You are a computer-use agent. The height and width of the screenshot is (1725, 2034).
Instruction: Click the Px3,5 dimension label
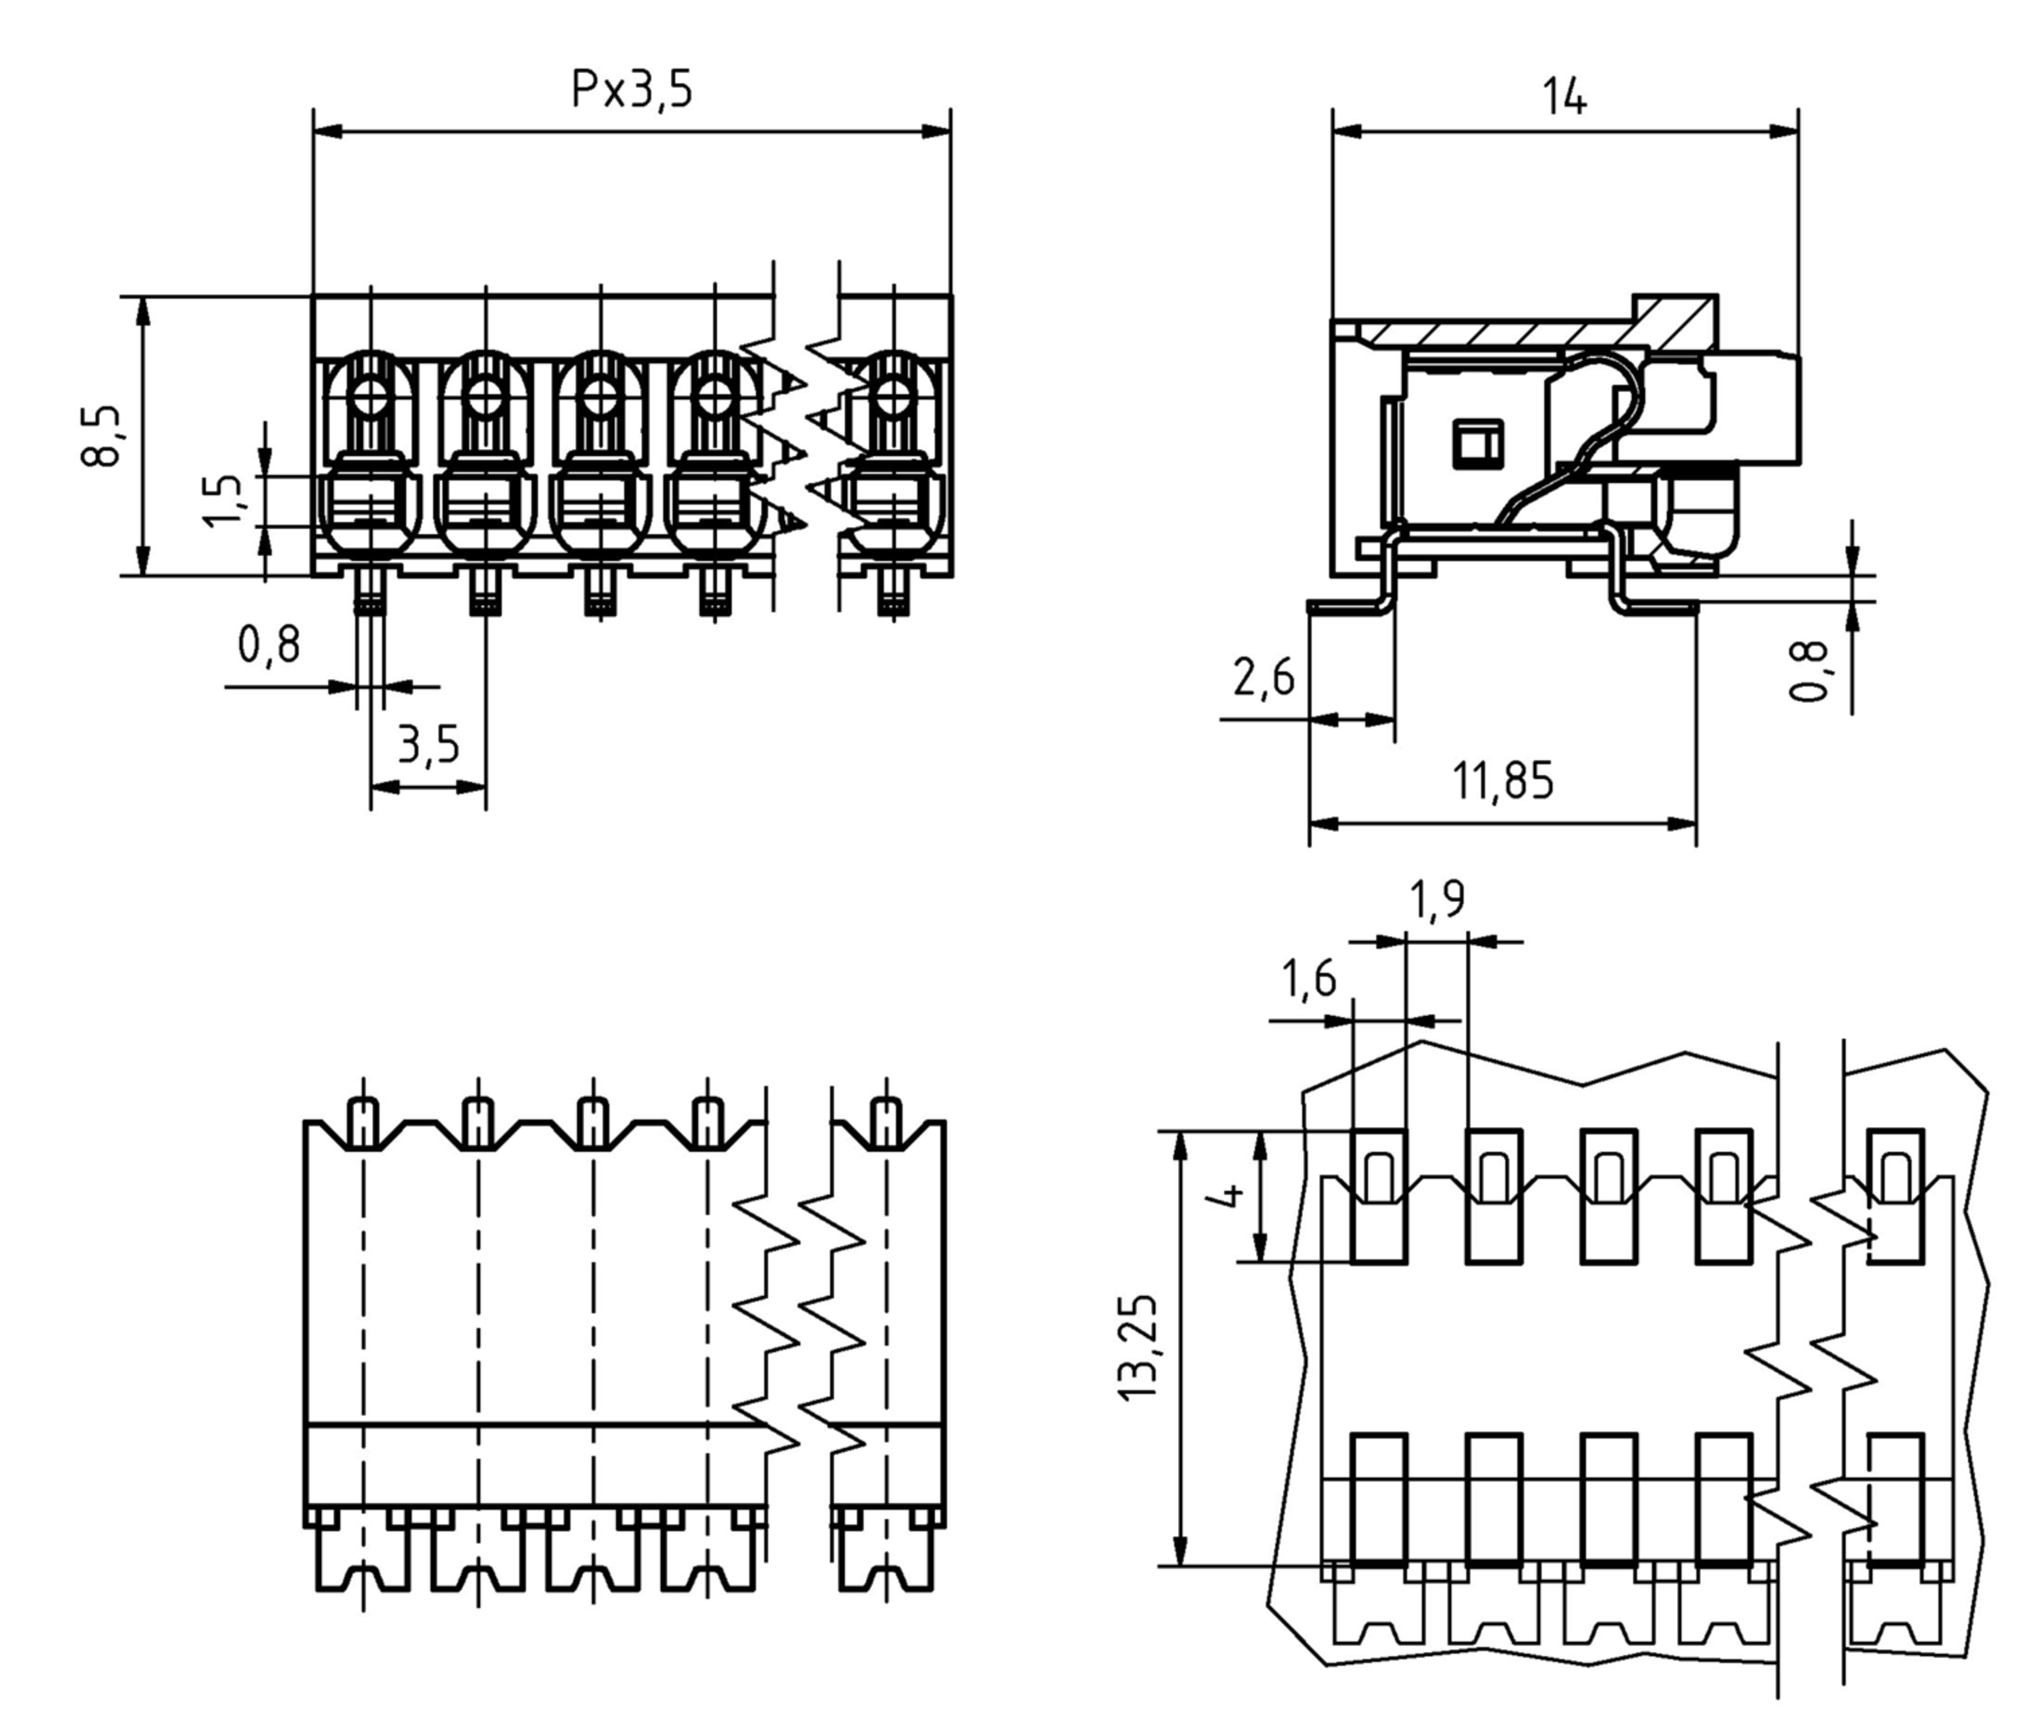click(631, 89)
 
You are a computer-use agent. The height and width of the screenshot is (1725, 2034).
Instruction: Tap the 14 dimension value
click(1564, 97)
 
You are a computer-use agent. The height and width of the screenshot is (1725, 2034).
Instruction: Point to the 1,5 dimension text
click(222, 501)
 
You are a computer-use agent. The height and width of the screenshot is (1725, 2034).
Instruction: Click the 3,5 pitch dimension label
click(428, 745)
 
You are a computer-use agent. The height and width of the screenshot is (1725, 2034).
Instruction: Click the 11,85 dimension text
click(1502, 782)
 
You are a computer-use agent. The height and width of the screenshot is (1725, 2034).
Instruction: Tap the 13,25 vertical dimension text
click(1137, 1349)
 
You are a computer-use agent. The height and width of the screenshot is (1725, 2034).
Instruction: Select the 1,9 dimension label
click(1437, 900)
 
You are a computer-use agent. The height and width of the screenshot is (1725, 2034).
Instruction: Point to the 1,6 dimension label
click(1309, 979)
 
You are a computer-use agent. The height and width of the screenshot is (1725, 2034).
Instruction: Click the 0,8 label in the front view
click(269, 644)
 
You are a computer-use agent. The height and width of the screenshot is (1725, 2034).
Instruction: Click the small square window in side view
click(1476, 445)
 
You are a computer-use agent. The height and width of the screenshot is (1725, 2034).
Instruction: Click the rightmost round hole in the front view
click(892, 398)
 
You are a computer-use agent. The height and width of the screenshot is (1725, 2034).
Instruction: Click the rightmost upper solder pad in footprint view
click(1895, 1196)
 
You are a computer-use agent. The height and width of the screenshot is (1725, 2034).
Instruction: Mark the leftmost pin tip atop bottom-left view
click(363, 1121)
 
